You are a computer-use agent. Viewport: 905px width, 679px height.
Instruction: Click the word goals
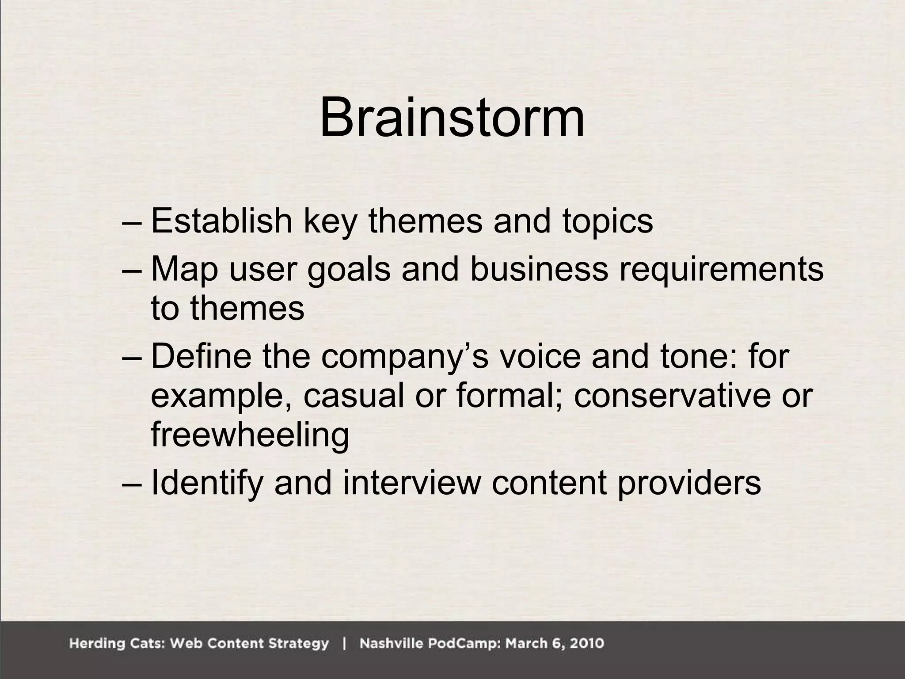(349, 270)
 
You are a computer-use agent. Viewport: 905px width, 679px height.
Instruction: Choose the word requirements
(721, 270)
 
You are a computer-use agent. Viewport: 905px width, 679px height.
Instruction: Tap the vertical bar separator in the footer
(344, 643)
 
